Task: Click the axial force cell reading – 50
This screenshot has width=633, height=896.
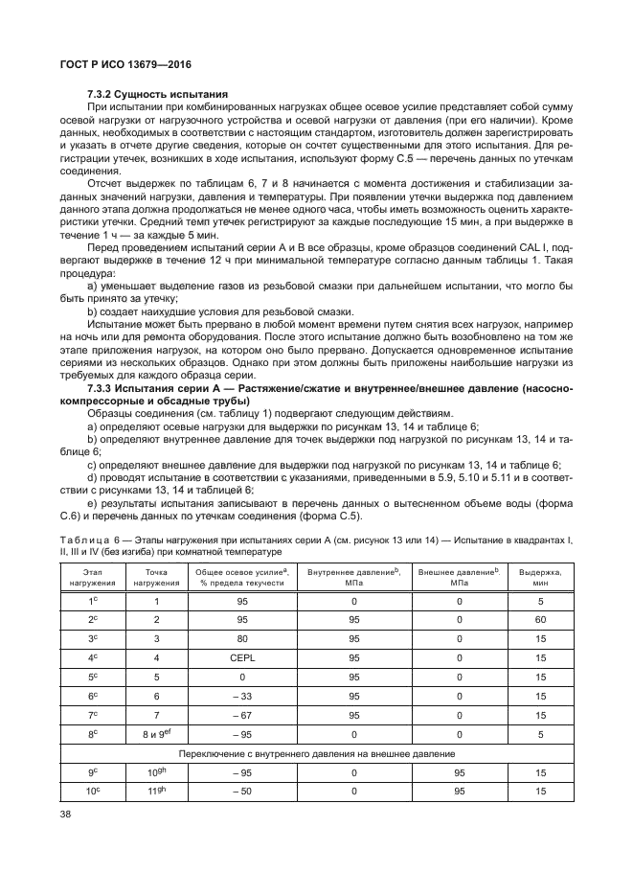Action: click(x=243, y=791)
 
